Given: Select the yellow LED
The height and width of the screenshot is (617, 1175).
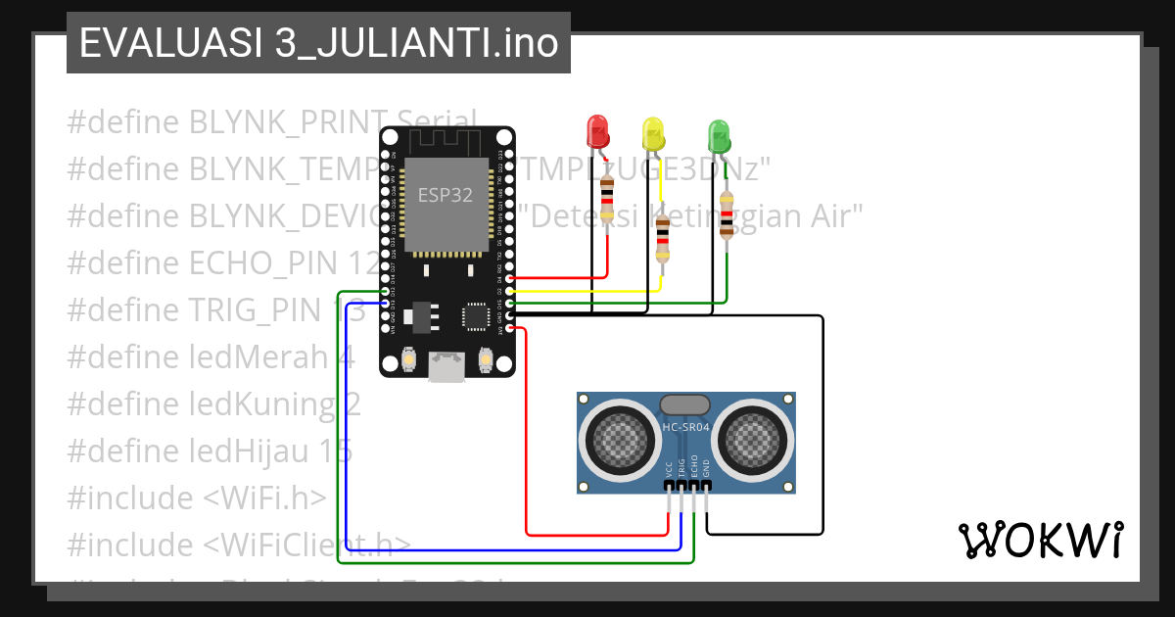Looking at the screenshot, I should click(x=652, y=132).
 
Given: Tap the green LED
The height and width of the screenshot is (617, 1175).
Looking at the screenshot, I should click(x=719, y=134).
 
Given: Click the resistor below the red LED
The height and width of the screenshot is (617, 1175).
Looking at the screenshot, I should click(x=607, y=198).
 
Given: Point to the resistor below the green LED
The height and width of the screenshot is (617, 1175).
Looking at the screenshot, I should click(x=726, y=214).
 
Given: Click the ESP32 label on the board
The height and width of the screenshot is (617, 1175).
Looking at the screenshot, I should click(x=446, y=195).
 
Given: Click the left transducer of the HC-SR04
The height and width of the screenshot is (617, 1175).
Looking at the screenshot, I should click(x=617, y=441).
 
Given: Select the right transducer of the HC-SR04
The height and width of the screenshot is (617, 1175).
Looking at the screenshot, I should click(x=754, y=441).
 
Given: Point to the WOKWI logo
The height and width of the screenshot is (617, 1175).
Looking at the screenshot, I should click(x=1040, y=540).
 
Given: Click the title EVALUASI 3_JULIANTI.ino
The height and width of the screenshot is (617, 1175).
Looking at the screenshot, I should click(x=318, y=43).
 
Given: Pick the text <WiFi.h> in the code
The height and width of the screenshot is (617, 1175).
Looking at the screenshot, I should click(x=264, y=498).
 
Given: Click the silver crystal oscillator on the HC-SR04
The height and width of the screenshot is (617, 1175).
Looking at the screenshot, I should click(x=685, y=403).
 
